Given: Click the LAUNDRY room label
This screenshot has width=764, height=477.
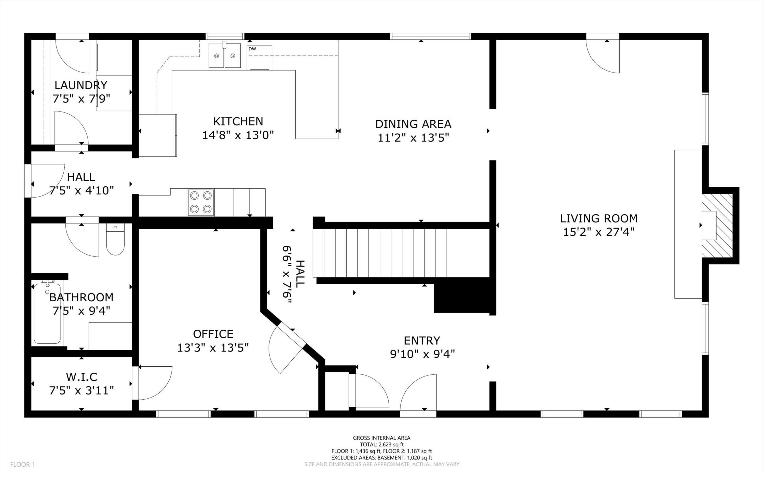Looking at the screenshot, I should (81, 85).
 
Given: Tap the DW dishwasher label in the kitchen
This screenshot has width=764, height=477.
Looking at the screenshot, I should (252, 49).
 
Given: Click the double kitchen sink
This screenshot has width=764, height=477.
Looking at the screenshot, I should (224, 56).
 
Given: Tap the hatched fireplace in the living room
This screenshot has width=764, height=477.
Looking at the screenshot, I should (717, 225).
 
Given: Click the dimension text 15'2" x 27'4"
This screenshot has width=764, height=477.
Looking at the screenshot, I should (599, 232).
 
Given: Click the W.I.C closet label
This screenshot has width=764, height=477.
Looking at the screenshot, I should (81, 377).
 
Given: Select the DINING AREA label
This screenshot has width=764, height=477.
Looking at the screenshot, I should (413, 124).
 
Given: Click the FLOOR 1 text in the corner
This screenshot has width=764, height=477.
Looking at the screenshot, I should (22, 464).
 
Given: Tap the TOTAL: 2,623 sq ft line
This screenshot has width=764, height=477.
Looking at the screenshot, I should (381, 444).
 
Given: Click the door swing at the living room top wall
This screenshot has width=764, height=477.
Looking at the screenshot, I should (602, 57).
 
